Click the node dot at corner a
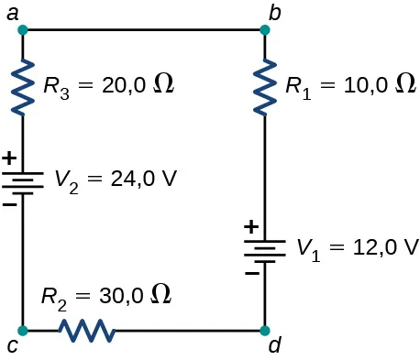tap(22, 30)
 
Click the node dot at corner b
tap(265, 30)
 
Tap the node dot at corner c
tap(22, 330)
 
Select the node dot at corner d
tap(265, 330)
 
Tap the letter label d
tap(275, 348)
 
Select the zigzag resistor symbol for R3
tap(22, 86)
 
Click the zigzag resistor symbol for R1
tap(265, 86)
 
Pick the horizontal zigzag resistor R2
tap(86, 330)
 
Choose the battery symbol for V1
tap(265, 249)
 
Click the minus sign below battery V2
tap(8, 203)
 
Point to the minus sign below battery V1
tap(249, 272)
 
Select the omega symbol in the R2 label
tap(160, 295)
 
